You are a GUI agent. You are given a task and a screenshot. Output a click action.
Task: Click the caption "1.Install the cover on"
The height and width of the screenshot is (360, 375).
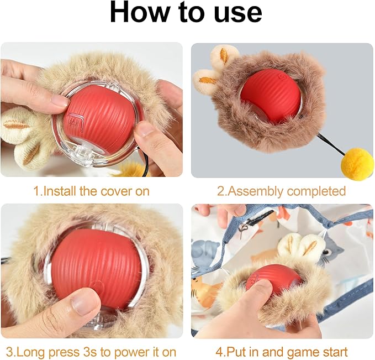point(91,191)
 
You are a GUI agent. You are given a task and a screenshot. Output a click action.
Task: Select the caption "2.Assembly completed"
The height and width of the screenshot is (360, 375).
point(281,191)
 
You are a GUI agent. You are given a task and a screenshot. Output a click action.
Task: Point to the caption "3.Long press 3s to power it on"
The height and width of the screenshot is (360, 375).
point(91,351)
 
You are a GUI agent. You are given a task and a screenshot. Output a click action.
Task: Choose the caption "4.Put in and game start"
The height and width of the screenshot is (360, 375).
point(282,351)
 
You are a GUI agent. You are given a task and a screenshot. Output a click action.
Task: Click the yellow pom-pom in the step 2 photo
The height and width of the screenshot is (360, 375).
point(356,164)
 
